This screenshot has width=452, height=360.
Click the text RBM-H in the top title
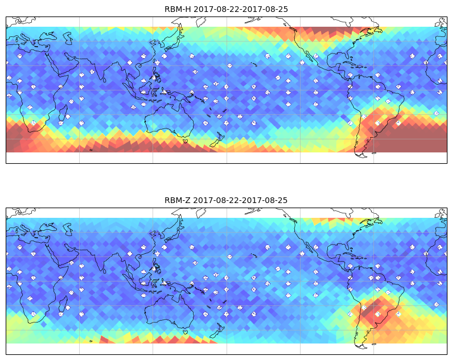(178, 9)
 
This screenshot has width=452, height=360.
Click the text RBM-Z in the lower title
(177, 200)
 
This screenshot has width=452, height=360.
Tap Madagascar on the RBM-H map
(64, 113)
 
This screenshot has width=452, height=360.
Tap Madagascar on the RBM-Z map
(64, 304)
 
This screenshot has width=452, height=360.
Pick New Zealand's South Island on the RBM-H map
(214, 143)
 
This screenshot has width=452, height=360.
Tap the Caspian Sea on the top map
(68, 38)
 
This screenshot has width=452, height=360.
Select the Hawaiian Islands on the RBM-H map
(254, 64)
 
